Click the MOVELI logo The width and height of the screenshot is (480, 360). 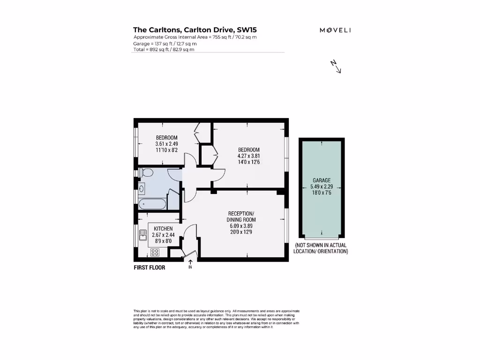click(335, 30)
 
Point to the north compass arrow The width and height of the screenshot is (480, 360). click(336, 67)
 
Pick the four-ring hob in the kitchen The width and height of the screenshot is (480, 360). click(154, 252)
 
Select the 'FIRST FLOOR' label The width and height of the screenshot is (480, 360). click(149, 268)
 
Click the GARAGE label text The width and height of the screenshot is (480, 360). click(322, 180)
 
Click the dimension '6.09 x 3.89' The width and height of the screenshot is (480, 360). click(241, 225)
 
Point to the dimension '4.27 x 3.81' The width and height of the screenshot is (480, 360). click(248, 156)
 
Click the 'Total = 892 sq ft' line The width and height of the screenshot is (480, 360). click(164, 49)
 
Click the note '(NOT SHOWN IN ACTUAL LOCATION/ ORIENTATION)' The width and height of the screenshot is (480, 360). click(321, 248)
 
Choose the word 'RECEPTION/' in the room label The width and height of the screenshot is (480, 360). click(241, 213)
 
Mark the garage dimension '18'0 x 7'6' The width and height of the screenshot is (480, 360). click(322, 192)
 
